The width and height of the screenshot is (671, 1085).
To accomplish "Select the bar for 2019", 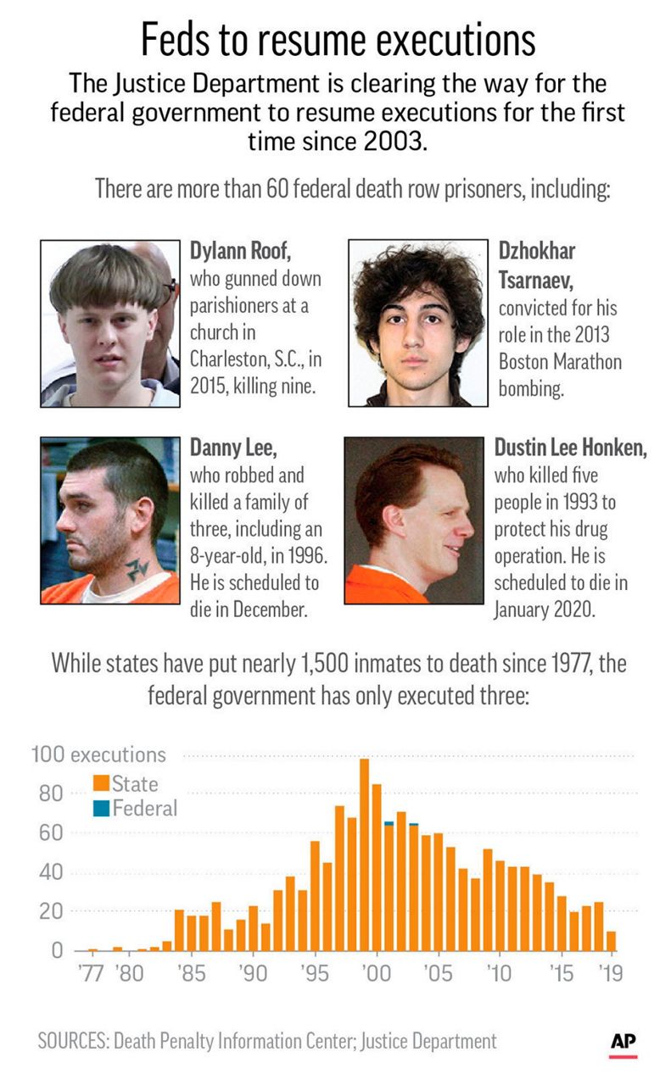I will (x=612, y=941).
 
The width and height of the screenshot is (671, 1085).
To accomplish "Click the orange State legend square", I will (x=101, y=783).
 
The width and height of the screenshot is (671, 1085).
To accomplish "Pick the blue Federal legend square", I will (x=101, y=808).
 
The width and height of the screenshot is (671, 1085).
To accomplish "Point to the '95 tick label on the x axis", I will (x=315, y=973).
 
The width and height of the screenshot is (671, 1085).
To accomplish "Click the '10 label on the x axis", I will (x=500, y=973).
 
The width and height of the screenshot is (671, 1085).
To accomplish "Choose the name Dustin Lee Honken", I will (x=570, y=448).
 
